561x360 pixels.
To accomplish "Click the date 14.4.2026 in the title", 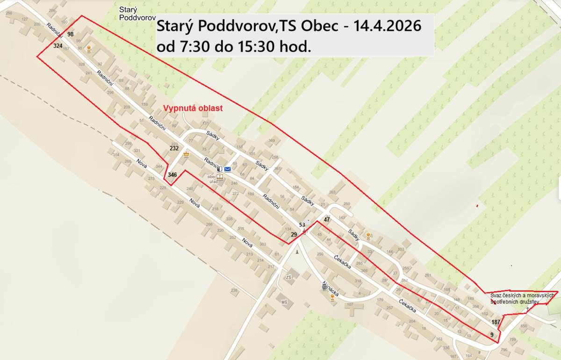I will [388, 26].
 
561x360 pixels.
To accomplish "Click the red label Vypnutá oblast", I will [193, 108].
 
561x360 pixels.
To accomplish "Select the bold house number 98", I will [71, 35].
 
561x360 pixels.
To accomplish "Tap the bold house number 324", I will [58, 46].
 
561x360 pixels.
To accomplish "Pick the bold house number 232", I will [174, 148].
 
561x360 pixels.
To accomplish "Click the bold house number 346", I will [173, 175].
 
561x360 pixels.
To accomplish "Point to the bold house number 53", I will [302, 225].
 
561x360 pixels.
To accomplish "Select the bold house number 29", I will [294, 234].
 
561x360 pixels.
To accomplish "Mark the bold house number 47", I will [327, 220].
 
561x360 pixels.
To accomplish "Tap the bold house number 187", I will [496, 322].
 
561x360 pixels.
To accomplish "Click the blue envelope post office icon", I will [228, 169].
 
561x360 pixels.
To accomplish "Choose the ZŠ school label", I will [288, 277].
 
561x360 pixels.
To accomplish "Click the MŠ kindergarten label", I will [284, 302].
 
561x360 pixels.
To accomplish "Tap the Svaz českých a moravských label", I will [522, 295].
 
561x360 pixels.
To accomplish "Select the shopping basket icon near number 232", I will [187, 154].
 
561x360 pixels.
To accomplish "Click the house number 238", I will [234, 291].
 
